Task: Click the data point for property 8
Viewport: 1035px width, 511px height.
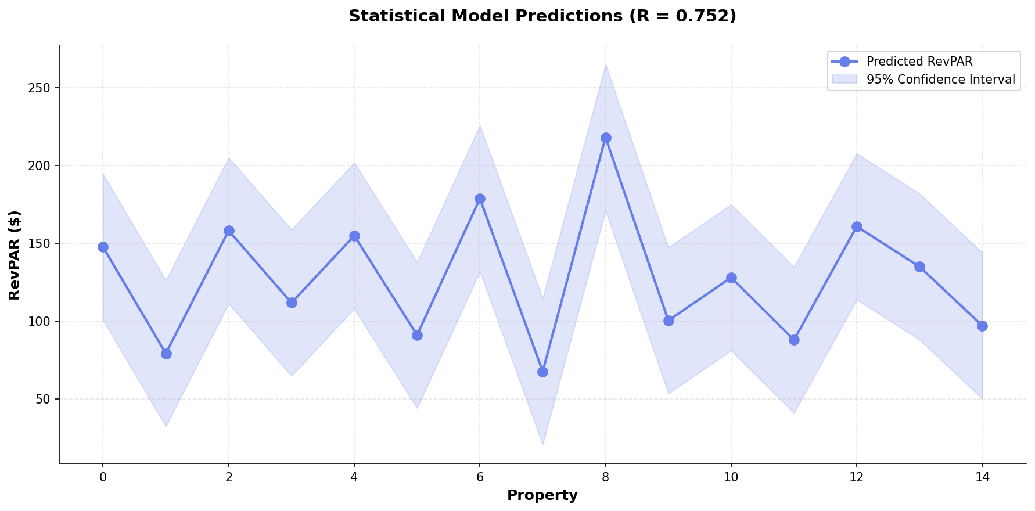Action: pos(606,138)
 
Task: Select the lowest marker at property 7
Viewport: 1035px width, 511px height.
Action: pos(542,372)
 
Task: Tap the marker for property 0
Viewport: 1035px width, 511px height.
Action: pos(103,247)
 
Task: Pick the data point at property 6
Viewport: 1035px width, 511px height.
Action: pos(480,199)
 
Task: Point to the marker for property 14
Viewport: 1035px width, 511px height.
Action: pos(982,326)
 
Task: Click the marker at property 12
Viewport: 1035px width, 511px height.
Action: pos(857,226)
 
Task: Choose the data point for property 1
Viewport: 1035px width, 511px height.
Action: pos(166,354)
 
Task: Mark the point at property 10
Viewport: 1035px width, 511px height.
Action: pos(731,278)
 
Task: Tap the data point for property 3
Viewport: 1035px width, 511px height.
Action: pos(292,303)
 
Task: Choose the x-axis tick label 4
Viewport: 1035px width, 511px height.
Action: pos(354,477)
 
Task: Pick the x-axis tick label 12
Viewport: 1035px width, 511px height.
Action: pos(857,477)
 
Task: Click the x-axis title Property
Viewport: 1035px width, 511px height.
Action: pos(542,495)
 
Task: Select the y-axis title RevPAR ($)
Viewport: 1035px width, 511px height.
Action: pos(15,255)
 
